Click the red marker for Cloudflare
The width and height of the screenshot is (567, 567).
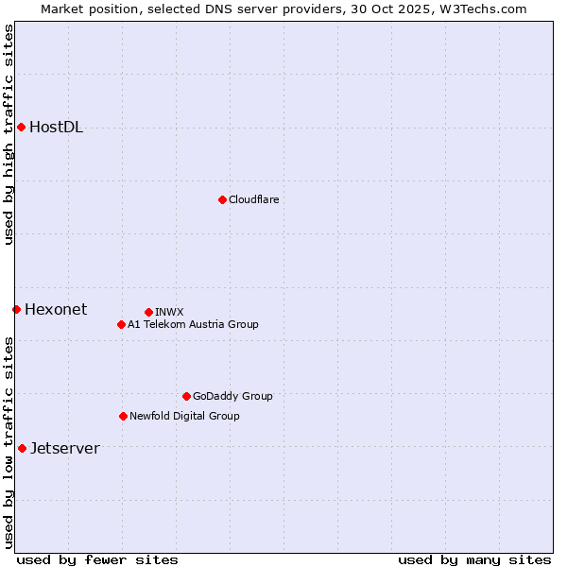pyautogui.click(x=222, y=199)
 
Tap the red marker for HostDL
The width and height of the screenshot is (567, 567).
pyautogui.click(x=21, y=127)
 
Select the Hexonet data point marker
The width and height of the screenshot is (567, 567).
pyautogui.click(x=16, y=309)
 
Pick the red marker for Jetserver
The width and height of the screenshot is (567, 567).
pyautogui.click(x=22, y=448)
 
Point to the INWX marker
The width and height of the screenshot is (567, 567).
pyautogui.click(x=148, y=312)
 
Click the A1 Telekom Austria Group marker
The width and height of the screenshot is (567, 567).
pyautogui.click(x=121, y=324)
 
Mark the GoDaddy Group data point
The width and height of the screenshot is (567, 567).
pyautogui.click(x=186, y=396)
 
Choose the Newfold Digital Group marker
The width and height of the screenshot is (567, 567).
pyautogui.click(x=123, y=416)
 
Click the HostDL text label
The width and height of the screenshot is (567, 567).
pyautogui.click(x=56, y=128)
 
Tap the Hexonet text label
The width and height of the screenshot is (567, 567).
pyautogui.click(x=56, y=310)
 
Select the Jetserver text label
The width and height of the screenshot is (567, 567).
pyautogui.click(x=64, y=449)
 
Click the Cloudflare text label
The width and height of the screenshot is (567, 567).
pyautogui.click(x=253, y=200)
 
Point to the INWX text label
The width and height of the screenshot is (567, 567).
pyautogui.click(x=169, y=313)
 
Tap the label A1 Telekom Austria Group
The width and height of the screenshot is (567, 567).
pyautogui.click(x=193, y=325)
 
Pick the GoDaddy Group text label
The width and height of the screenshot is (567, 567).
pyautogui.click(x=232, y=397)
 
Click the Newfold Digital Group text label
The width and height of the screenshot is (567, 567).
pyautogui.click(x=184, y=417)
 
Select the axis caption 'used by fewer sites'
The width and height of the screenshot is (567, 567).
pyautogui.click(x=97, y=559)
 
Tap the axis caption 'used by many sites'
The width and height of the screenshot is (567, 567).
pyautogui.click(x=474, y=559)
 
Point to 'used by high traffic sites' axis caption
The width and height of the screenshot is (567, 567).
pyautogui.click(x=9, y=134)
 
